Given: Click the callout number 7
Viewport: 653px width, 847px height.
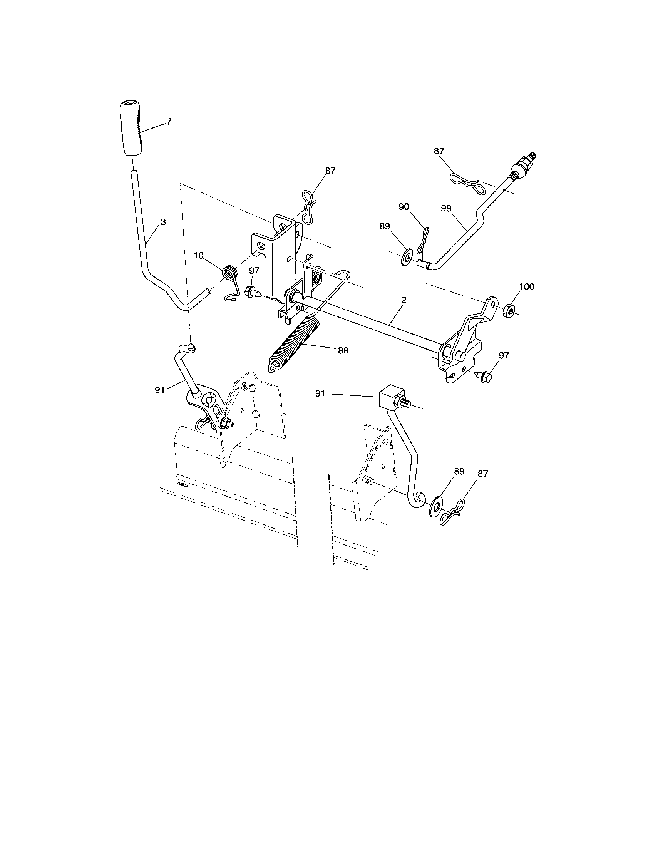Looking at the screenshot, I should (168, 122).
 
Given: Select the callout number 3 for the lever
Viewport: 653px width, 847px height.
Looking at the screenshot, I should (163, 222).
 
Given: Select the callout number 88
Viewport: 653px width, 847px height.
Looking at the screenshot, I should (343, 350).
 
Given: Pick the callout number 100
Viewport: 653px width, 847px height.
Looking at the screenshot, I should (526, 286).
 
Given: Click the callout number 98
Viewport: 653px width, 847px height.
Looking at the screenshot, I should (446, 209).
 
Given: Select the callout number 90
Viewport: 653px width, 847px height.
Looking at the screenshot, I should (404, 207).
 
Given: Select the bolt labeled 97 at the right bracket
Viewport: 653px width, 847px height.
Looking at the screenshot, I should (484, 375).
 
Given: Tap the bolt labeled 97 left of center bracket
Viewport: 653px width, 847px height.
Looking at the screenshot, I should (250, 292).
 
